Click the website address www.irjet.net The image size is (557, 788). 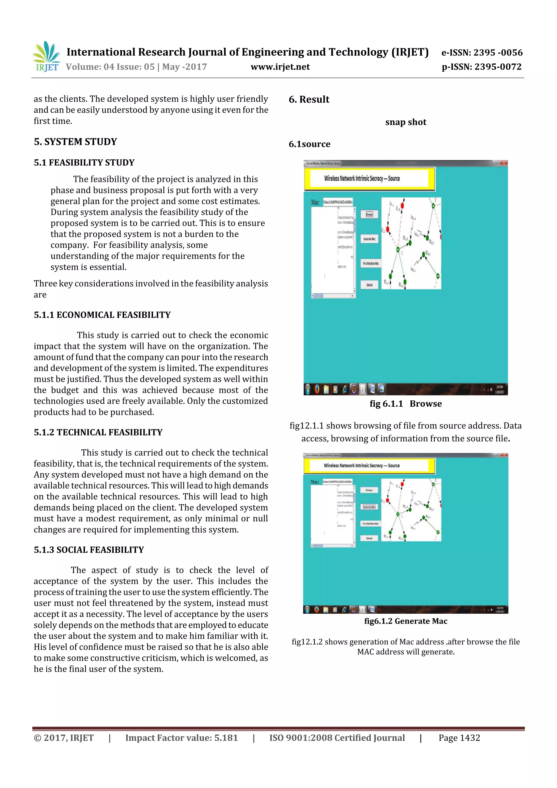click(280, 67)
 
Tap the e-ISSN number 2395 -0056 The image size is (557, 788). click(498, 52)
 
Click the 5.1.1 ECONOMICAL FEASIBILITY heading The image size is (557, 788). click(102, 315)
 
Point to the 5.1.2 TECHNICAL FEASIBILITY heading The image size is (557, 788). click(98, 432)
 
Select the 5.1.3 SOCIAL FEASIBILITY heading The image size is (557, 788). click(89, 549)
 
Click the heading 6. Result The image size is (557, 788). click(309, 100)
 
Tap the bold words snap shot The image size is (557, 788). click(406, 122)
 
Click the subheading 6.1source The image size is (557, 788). click(309, 144)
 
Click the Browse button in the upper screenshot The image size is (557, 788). click(369, 215)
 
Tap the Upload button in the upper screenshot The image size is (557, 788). click(369, 285)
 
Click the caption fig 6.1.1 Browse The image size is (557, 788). click(406, 404)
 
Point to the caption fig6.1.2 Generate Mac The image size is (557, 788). click(406, 621)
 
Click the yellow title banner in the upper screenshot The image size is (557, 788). click(369, 178)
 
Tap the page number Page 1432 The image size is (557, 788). click(459, 738)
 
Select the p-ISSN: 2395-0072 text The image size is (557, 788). click(481, 67)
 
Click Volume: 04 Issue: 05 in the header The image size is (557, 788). click(110, 67)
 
